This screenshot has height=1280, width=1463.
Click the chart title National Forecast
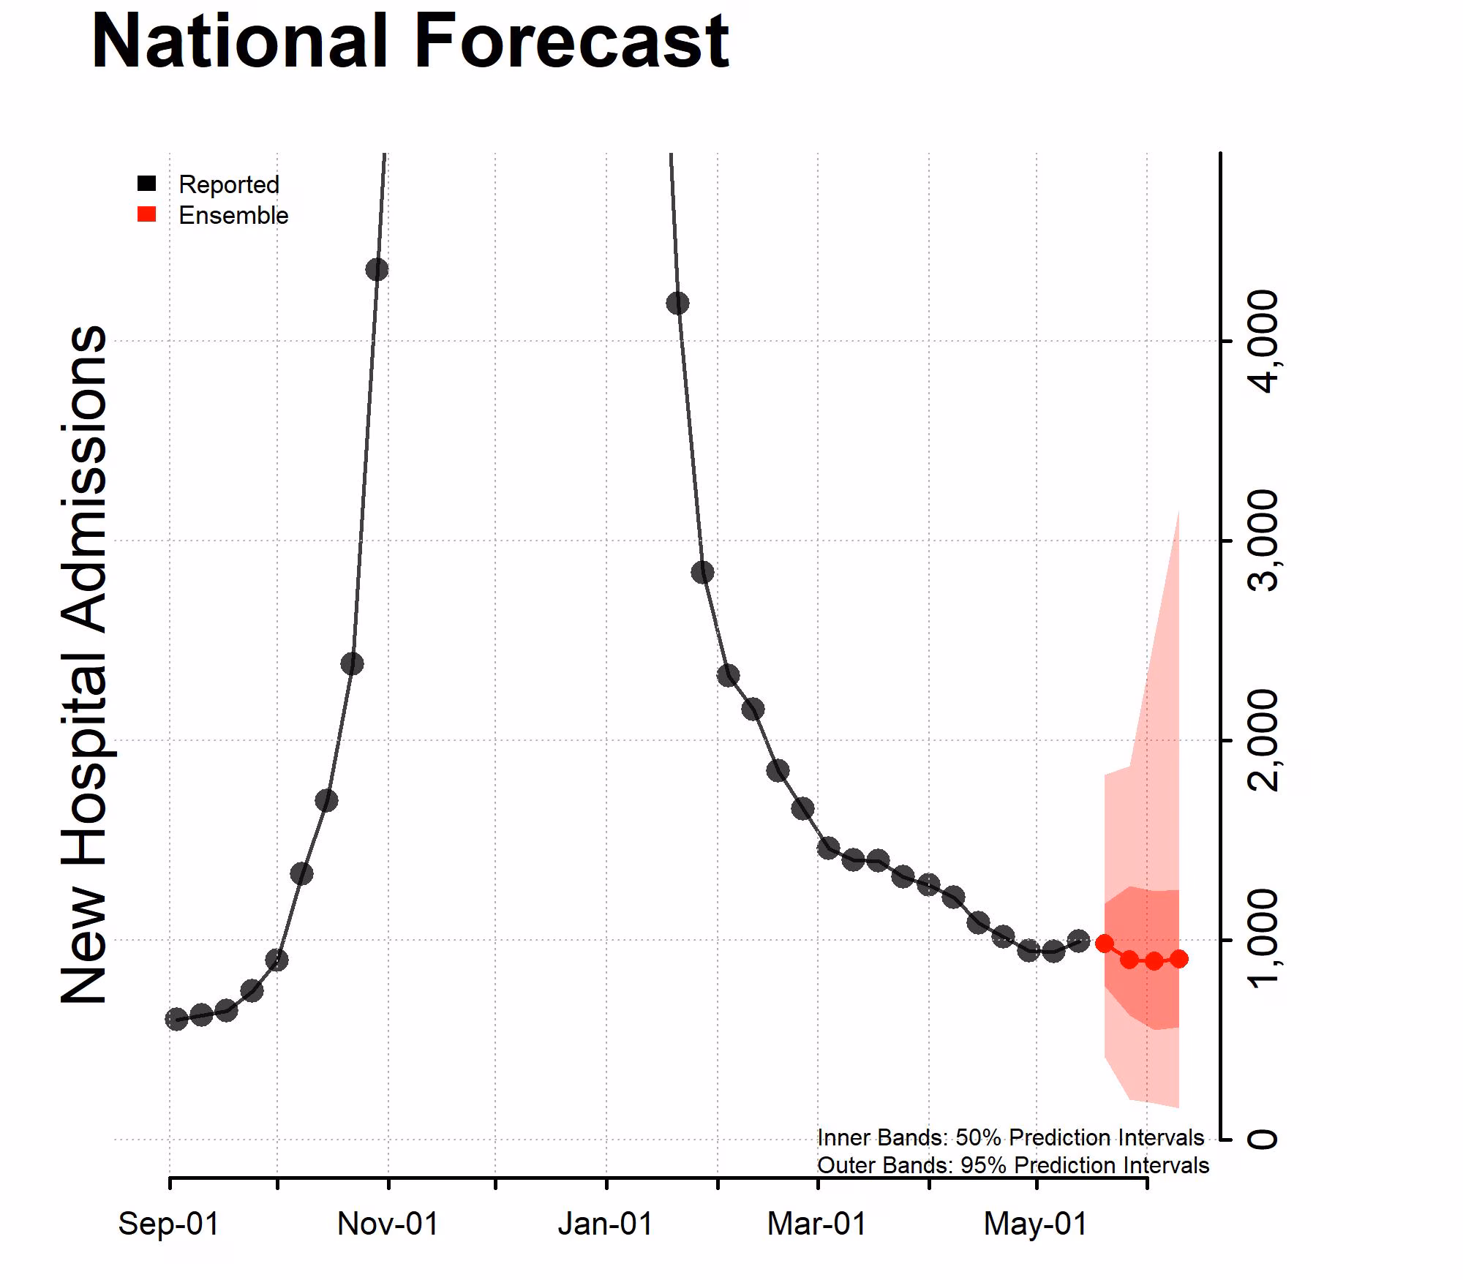[410, 42]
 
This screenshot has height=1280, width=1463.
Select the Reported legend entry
[228, 184]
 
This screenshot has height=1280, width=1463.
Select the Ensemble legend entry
[233, 216]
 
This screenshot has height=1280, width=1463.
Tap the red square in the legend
[147, 214]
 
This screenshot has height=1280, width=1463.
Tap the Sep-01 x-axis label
[169, 1224]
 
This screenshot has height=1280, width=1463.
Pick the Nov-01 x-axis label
[388, 1224]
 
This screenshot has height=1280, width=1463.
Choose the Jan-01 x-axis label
[606, 1224]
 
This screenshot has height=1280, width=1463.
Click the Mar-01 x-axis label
[816, 1224]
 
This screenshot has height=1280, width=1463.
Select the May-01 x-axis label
[1035, 1224]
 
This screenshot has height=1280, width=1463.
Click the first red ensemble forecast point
[1104, 944]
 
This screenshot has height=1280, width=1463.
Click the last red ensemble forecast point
[1178, 959]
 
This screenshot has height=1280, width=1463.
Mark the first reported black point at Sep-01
[176, 1019]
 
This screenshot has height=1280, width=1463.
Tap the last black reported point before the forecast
[1078, 941]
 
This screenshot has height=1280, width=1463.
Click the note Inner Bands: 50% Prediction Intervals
[1010, 1137]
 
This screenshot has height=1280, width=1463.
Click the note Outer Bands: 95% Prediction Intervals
[1012, 1165]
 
